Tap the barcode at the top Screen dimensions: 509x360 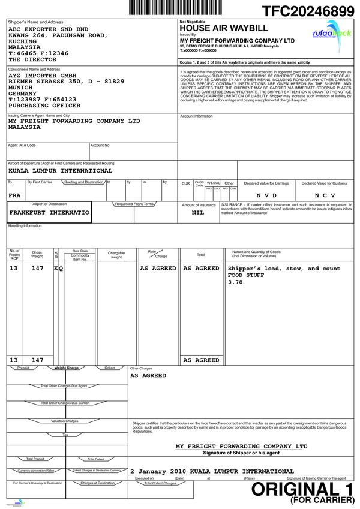[169, 7]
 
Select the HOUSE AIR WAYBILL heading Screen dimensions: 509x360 [216, 28]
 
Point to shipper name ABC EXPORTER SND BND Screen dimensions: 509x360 [48, 29]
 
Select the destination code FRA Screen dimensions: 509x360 [14, 195]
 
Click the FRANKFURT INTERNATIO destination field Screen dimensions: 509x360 [50, 213]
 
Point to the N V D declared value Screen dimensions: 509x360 [266, 195]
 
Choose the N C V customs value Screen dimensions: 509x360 [325, 195]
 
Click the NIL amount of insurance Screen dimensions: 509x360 [197, 213]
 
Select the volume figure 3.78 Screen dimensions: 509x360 [235, 282]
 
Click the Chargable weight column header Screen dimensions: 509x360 [116, 255]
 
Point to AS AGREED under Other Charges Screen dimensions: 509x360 [148, 375]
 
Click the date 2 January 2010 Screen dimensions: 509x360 [156, 471]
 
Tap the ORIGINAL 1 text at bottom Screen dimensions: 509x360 [303, 490]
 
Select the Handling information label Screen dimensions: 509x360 [25, 225]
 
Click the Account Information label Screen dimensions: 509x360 [196, 116]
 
